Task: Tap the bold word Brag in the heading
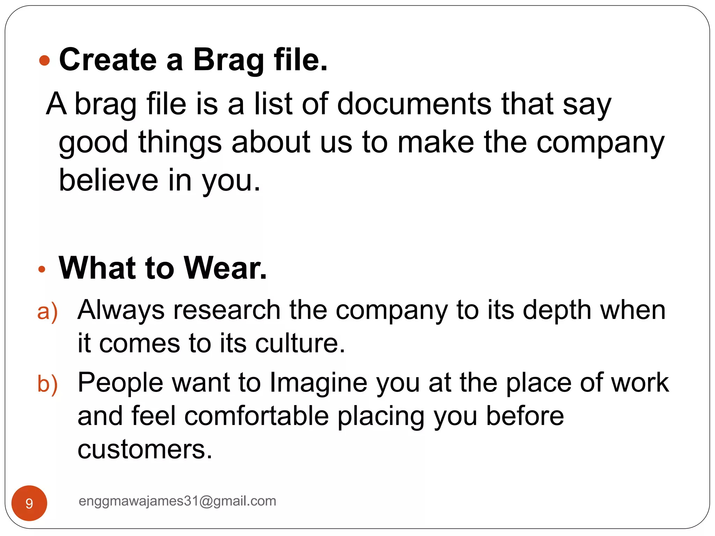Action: [x=228, y=60]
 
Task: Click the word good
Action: [x=94, y=143]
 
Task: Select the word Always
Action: [x=121, y=310]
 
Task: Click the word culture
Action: [x=300, y=343]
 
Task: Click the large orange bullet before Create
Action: [x=45, y=61]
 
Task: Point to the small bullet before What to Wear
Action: [x=42, y=269]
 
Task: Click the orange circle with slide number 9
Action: [x=29, y=503]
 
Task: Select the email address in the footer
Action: [x=177, y=501]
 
